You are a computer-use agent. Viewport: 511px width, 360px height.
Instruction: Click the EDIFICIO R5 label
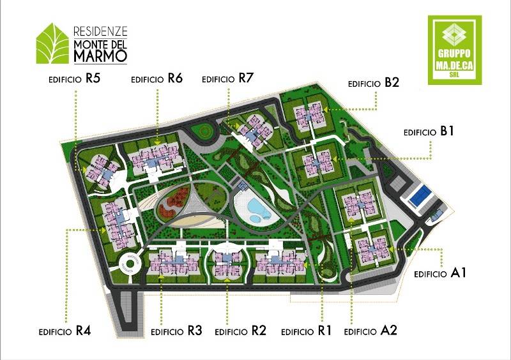75,79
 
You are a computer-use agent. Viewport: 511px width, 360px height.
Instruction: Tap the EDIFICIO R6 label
157,79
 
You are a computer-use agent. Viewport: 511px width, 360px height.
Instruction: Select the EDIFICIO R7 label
228,79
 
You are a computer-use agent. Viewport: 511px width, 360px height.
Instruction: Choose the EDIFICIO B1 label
429,131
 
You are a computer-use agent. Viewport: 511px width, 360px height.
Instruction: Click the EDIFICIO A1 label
441,273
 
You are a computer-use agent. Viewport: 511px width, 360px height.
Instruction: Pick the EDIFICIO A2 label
370,331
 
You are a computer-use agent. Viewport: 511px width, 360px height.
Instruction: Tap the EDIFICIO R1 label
307,331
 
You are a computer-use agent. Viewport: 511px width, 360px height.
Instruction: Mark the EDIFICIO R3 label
177,331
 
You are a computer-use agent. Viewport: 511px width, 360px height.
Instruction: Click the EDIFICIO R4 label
65,331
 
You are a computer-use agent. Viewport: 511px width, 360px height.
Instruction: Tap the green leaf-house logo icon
53,43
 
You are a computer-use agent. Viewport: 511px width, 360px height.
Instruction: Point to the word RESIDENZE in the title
101,31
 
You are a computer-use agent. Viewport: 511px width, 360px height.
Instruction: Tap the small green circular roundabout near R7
205,131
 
